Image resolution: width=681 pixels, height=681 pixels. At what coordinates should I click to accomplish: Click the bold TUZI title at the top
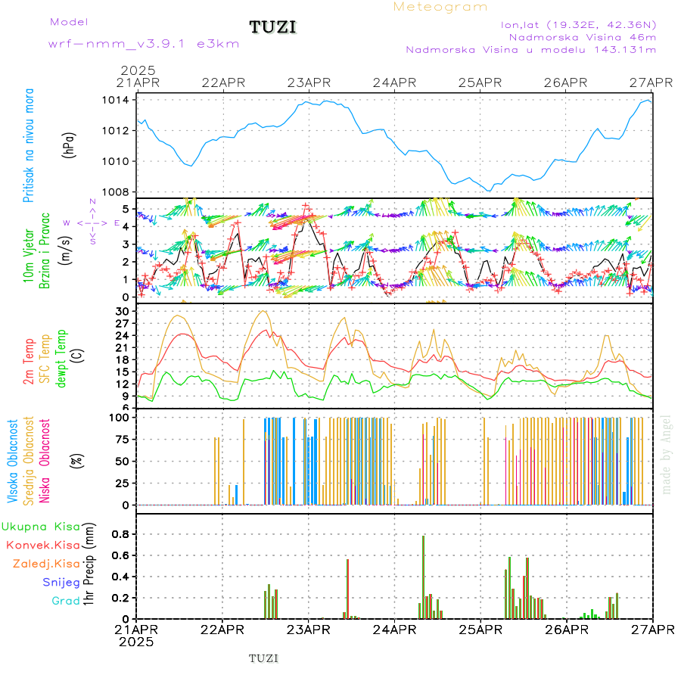[x=273, y=28]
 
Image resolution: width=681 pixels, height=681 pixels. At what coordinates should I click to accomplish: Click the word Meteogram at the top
[x=440, y=7]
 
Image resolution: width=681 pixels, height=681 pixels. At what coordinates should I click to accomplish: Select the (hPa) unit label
[x=69, y=145]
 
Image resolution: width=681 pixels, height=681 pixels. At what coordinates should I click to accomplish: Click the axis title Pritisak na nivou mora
[x=29, y=145]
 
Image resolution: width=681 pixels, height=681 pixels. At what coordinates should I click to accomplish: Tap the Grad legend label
[x=66, y=601]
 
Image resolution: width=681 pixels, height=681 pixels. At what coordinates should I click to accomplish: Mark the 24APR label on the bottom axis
[x=393, y=630]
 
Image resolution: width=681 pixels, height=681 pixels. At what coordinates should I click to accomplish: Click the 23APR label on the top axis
[x=308, y=82]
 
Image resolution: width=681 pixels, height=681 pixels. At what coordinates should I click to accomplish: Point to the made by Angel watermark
[x=666, y=453]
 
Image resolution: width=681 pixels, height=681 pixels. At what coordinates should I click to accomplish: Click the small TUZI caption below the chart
[x=264, y=658]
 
